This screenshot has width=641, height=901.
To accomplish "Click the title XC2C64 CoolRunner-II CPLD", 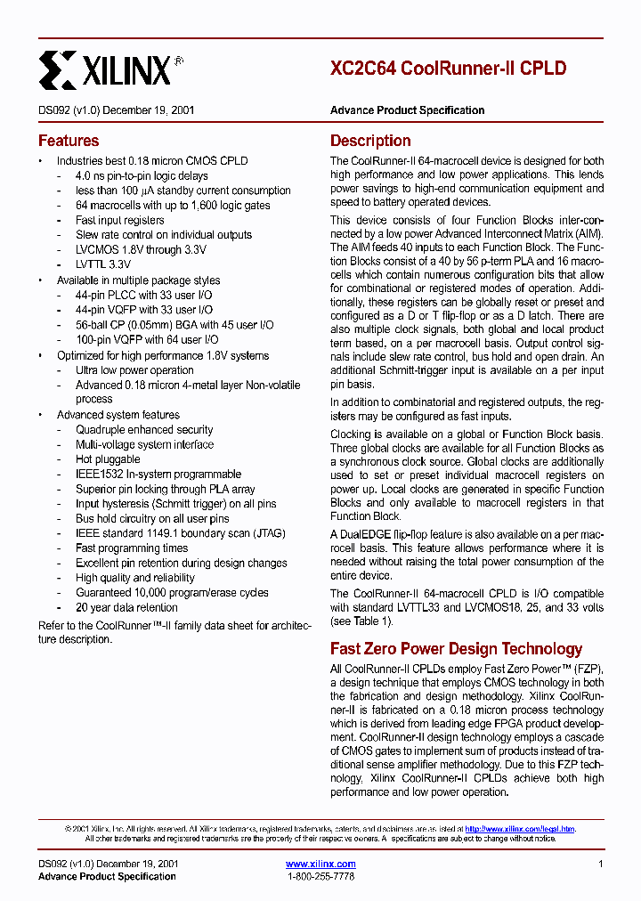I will (x=448, y=69).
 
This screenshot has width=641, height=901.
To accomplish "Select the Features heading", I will (x=69, y=141).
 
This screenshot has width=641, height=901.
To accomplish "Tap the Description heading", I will (x=370, y=141).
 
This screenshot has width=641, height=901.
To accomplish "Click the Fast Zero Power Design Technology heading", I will (x=456, y=649).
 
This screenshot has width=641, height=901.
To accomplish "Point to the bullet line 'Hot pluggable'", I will (x=108, y=459).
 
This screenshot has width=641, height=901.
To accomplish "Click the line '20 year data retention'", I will (x=126, y=608).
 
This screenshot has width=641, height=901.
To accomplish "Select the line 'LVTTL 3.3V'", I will (x=103, y=264).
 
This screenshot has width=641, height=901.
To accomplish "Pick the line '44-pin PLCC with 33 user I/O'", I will (x=143, y=295).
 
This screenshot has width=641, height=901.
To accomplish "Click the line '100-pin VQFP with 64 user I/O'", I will (x=147, y=339).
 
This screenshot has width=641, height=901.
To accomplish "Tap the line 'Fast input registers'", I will (x=120, y=220).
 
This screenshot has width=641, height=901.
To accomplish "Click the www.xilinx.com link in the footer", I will (x=320, y=864).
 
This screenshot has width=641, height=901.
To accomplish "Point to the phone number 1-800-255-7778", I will (x=320, y=877).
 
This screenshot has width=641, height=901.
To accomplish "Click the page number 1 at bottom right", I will (x=601, y=864).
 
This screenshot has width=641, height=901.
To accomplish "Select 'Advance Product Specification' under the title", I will (x=407, y=110).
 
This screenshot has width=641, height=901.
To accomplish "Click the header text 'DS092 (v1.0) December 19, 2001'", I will (x=117, y=110).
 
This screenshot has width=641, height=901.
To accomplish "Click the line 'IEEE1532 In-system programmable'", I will (x=158, y=475).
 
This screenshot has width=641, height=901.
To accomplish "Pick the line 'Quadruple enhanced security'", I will (x=144, y=430).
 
